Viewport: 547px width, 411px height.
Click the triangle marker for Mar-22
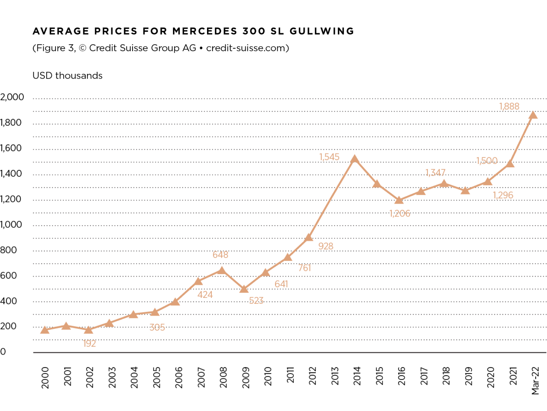coord(533,115)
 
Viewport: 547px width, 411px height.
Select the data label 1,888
coord(509,106)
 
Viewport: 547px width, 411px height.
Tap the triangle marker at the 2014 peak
coord(354,159)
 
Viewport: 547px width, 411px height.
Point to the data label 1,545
coord(329,157)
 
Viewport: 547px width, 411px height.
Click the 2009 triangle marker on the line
coord(244,289)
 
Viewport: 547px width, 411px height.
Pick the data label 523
coord(256,300)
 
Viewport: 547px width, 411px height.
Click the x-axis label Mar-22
coord(536,381)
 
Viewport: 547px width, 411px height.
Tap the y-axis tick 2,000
coord(12,97)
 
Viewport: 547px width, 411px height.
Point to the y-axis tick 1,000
coord(11,224)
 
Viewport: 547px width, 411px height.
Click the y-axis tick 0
coord(3,352)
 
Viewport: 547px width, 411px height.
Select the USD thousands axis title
coord(67,76)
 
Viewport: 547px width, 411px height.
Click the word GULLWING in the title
coord(322,31)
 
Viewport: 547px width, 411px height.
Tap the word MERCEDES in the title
coord(205,31)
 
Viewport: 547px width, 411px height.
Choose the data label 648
coord(220,255)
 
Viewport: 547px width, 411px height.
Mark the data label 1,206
coord(400,213)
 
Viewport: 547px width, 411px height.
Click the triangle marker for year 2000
coord(45,330)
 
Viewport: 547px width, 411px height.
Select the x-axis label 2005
coord(157,377)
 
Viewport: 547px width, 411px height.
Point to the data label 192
coord(90,343)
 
